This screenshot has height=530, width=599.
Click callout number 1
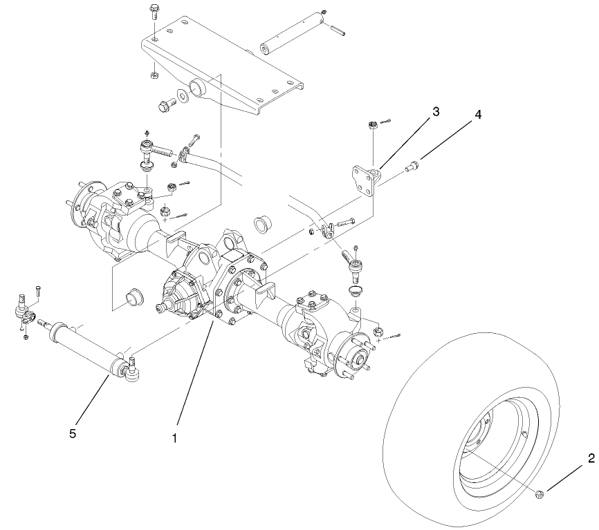(175, 439)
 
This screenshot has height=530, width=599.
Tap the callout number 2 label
(591, 458)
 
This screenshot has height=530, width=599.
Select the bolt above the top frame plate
(152, 12)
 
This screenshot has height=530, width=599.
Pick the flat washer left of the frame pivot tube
(183, 95)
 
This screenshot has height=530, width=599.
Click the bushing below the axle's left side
(133, 298)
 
